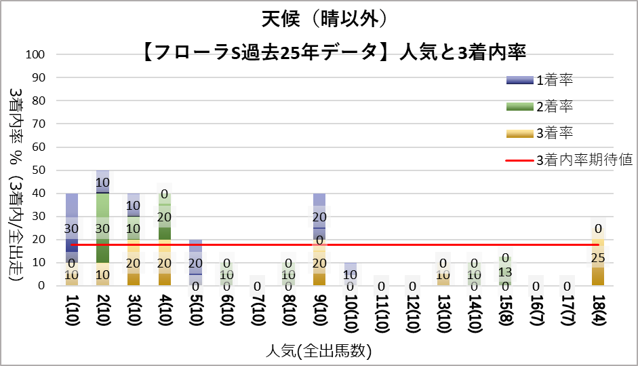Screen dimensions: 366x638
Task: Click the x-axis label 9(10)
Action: coord(318,316)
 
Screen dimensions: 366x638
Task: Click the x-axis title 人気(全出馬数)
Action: coord(319,351)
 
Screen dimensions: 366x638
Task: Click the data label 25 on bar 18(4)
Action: coord(597,258)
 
